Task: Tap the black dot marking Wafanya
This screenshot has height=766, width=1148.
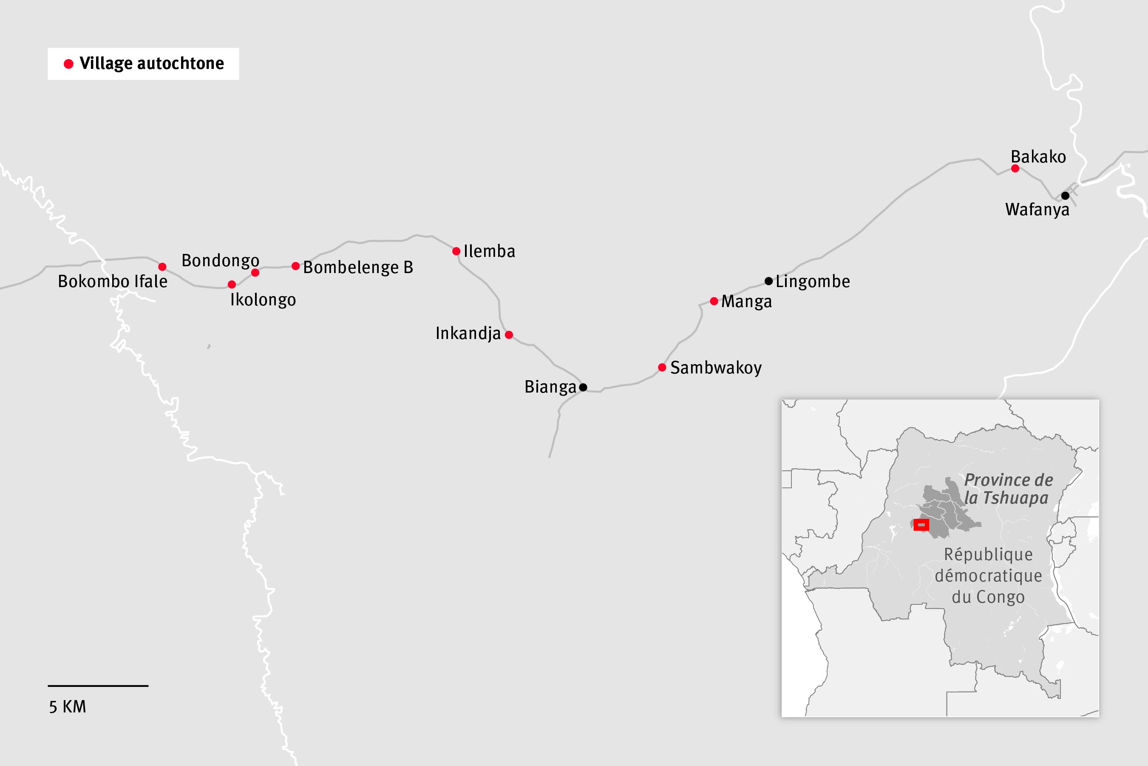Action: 1066,195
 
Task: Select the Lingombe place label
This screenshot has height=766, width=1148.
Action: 813,282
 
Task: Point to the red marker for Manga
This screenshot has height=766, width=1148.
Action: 714,301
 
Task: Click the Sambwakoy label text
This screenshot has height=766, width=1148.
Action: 716,367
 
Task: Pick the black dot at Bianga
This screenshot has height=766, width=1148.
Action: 583,387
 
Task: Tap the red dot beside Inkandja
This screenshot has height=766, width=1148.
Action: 509,335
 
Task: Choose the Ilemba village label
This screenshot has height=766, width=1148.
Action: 489,251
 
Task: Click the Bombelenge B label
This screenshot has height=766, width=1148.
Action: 358,267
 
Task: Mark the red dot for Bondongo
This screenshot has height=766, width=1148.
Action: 255,273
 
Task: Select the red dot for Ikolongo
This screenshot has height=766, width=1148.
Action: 232,284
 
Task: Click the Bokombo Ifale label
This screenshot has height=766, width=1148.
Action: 112,282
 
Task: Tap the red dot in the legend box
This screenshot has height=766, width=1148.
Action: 69,64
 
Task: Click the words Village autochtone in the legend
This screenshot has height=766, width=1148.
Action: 151,63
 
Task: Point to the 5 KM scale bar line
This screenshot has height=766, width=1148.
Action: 98,686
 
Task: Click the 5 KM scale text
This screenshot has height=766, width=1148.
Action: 67,707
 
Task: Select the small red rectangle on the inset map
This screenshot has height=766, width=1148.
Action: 921,525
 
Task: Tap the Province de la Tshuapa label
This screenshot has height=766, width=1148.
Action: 1008,489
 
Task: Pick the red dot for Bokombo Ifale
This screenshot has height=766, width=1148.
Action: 162,267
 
